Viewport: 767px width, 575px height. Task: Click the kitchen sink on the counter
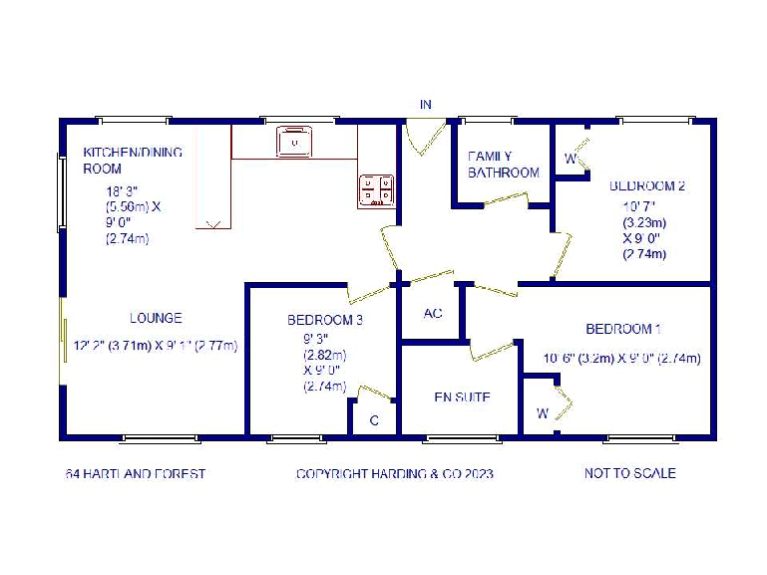[295, 143]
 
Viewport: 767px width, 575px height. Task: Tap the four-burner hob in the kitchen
[377, 190]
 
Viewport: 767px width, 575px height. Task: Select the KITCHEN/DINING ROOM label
[119, 160]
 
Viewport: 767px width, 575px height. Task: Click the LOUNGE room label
[156, 319]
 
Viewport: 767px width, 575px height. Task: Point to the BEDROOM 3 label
[325, 320]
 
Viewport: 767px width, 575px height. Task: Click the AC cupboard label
[433, 313]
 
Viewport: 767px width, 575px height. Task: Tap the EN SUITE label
[461, 397]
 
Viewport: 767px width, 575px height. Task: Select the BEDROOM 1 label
[623, 329]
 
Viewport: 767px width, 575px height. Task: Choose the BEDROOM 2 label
[647, 186]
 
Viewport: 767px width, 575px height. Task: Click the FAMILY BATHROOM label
[504, 164]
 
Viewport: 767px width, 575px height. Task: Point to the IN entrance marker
[426, 105]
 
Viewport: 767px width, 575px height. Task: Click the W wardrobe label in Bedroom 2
[570, 158]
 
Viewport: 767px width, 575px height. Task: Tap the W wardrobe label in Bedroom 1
[542, 413]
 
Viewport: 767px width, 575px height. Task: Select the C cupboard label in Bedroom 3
[374, 421]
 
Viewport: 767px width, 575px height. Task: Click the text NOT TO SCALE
[630, 473]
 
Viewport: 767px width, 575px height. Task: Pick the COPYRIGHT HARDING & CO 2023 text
[394, 473]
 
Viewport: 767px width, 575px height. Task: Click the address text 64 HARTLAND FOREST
[136, 473]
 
